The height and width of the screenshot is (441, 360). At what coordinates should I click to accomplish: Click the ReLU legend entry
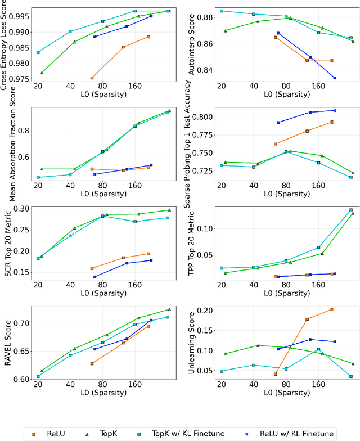(x=55, y=434)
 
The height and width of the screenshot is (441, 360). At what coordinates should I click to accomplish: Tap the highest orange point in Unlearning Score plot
(x=332, y=309)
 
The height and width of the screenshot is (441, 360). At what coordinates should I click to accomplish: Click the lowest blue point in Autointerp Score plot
(x=335, y=78)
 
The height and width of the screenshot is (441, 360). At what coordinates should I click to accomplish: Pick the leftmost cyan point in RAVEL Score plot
(x=38, y=376)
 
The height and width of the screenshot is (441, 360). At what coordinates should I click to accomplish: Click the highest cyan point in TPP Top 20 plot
(x=351, y=210)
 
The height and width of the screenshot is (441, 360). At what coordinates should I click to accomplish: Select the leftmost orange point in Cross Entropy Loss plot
(x=92, y=78)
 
